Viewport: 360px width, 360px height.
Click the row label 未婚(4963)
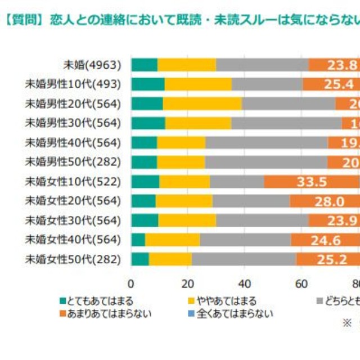pyautogui.click(x=93, y=65)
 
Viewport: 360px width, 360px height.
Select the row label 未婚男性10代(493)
pyautogui.click(x=73, y=84)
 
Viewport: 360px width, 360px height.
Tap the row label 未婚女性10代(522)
pyautogui.click(x=73, y=182)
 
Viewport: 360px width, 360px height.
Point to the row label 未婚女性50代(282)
pyautogui.click(x=73, y=259)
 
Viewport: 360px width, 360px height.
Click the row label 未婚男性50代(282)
pyautogui.click(x=73, y=162)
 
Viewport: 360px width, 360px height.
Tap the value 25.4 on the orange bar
pyautogui.click(x=338, y=84)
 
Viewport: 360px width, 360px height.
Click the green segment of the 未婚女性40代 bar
pyautogui.click(x=138, y=240)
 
